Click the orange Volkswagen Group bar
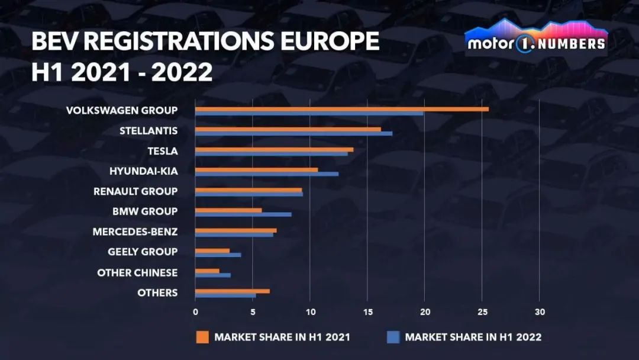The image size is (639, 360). [341, 109]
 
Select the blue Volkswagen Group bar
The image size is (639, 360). [309, 114]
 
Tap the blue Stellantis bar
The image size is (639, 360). [293, 134]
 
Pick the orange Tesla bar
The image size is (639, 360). [274, 149]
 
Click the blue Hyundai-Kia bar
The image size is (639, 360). [266, 174]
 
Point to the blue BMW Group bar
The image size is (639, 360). [243, 214]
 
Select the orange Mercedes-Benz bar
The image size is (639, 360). [235, 230]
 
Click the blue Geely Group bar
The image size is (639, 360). [218, 255]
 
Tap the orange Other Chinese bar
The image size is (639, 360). [207, 270]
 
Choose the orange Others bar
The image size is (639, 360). [232, 291]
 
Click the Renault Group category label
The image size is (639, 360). [135, 191]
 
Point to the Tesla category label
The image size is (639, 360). [162, 151]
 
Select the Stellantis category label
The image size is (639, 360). [148, 131]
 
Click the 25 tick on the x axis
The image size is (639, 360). [482, 311]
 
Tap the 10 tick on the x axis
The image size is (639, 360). [309, 311]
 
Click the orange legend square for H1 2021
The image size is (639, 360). [202, 337]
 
